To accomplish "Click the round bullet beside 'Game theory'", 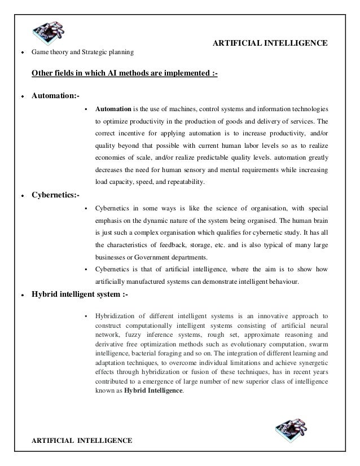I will tap(22, 54).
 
